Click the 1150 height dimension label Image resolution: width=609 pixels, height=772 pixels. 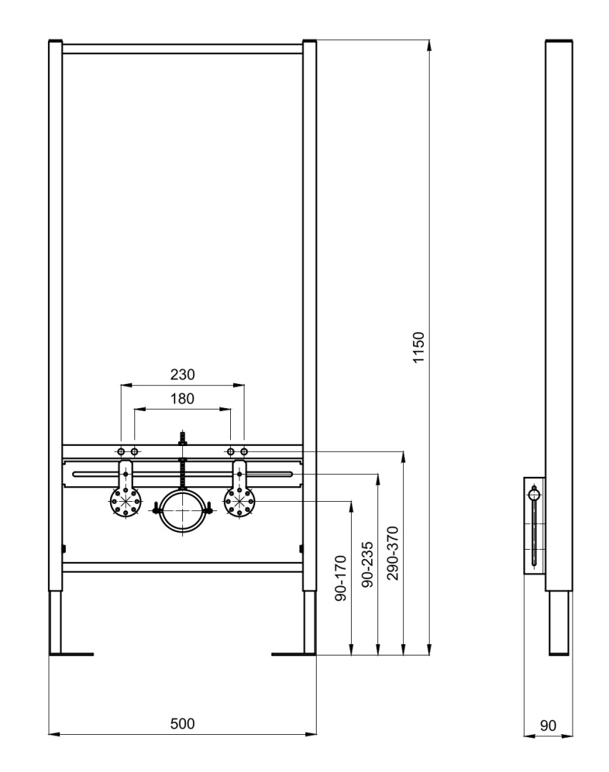(418, 347)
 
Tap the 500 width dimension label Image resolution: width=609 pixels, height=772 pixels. (183, 723)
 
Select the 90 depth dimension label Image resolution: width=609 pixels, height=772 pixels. (548, 726)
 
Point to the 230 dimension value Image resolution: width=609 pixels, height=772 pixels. (183, 375)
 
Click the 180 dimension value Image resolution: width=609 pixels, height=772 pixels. (183, 398)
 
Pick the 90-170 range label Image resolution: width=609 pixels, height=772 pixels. (341, 578)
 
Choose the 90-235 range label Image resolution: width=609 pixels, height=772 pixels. (367, 565)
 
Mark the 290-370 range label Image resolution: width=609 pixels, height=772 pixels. (392, 553)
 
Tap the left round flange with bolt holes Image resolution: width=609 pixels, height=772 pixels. (126, 502)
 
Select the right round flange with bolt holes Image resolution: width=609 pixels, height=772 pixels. (239, 502)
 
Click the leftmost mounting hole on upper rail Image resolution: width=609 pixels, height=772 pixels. (121, 451)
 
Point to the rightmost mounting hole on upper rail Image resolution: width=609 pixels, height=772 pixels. (244, 451)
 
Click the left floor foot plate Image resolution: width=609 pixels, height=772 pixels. (71, 654)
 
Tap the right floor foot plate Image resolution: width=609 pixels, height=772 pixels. (294, 654)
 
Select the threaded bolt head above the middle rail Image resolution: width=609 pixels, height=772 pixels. (183, 439)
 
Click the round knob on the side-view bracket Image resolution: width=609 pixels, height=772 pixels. (534, 494)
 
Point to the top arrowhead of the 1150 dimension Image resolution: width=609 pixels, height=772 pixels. (430, 46)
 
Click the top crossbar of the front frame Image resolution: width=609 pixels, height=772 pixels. (183, 49)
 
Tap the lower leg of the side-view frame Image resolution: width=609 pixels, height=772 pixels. (559, 623)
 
